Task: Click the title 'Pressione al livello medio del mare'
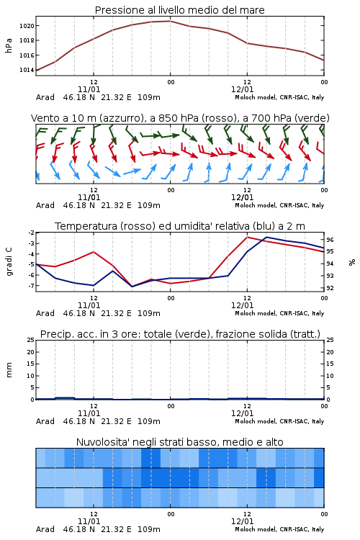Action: pos(179,10)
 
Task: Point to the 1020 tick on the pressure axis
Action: pos(27,26)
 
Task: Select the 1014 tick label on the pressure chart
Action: pos(27,71)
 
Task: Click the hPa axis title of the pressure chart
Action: pos(9,45)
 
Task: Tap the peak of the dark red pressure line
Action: pos(170,21)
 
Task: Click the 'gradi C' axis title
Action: pos(9,262)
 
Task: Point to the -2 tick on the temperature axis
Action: pos(31,233)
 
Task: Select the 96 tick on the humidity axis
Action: pos(330,240)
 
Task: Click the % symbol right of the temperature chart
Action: pos(352,262)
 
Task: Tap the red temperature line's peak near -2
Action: pos(247,237)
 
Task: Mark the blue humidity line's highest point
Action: pos(266,237)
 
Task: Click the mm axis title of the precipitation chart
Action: pos(9,370)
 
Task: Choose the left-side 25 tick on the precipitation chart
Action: pos(31,341)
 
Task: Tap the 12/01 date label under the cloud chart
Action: pos(242,521)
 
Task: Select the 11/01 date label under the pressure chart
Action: pos(89,89)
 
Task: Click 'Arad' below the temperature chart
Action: pos(45,313)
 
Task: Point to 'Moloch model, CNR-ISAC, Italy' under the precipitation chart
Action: pos(279,421)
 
